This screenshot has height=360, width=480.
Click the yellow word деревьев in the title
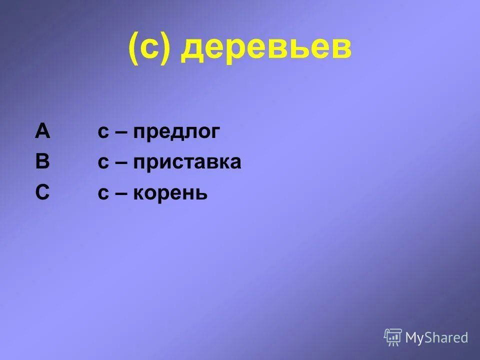[266, 50]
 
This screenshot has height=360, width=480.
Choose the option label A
[42, 131]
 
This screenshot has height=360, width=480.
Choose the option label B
[42, 162]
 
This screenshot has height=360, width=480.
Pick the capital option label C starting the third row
[42, 192]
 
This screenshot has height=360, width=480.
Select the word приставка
[187, 162]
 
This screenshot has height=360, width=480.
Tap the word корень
[170, 193]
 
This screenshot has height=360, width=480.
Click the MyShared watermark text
[436, 338]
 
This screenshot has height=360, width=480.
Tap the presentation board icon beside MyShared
[393, 337]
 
